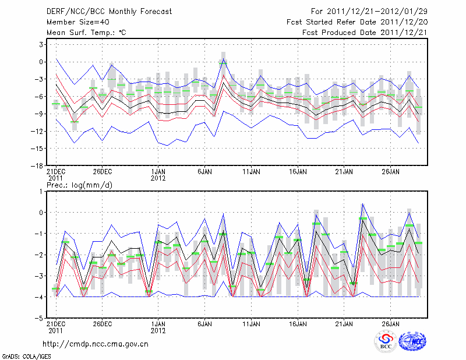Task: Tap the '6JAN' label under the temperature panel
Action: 204,172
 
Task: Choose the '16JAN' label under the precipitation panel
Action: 298,323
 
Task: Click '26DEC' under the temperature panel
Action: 102,172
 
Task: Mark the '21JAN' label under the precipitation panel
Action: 344,323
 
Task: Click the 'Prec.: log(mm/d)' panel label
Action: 76,185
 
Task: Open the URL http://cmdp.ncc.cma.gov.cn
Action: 96,344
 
